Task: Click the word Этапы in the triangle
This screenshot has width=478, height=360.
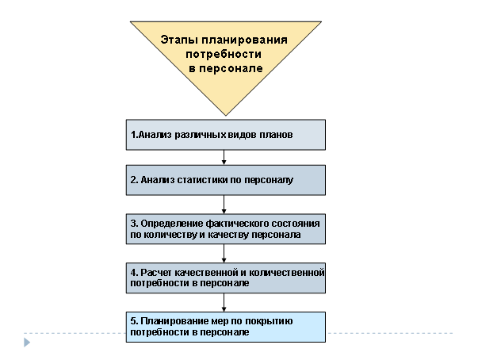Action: click(x=179, y=40)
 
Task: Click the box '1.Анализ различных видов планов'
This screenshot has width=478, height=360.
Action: click(x=226, y=135)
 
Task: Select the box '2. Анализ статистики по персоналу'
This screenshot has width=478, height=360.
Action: click(x=226, y=180)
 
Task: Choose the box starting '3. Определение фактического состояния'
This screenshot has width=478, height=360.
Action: click(x=226, y=228)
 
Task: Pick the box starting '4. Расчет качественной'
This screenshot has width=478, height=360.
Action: click(x=226, y=277)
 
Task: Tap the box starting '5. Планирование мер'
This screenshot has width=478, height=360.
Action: click(x=226, y=327)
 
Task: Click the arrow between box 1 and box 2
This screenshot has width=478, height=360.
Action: click(x=224, y=157)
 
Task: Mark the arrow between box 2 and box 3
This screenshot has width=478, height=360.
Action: click(x=224, y=204)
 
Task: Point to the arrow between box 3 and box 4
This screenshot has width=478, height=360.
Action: click(x=224, y=253)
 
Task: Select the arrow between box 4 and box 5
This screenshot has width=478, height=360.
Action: click(x=224, y=302)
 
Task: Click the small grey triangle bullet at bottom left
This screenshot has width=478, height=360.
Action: click(x=26, y=342)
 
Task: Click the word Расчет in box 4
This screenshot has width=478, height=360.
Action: click(x=155, y=272)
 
